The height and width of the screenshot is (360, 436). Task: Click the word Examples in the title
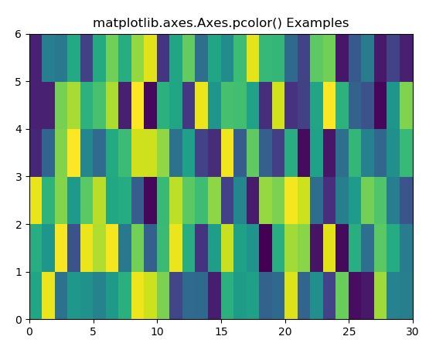pyautogui.click(x=317, y=23)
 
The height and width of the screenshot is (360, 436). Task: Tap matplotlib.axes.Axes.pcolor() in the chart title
pyautogui.click(x=187, y=23)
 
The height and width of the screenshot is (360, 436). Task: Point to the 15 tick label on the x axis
pyautogui.click(x=221, y=331)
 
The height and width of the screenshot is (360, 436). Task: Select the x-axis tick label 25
pyautogui.click(x=349, y=331)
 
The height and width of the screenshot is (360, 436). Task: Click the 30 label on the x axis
pyautogui.click(x=413, y=331)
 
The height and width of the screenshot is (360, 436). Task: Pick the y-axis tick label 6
pyautogui.click(x=19, y=35)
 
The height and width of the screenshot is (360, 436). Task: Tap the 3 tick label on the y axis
pyautogui.click(x=19, y=177)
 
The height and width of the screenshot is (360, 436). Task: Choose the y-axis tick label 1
pyautogui.click(x=19, y=272)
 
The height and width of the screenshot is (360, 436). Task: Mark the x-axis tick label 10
pyautogui.click(x=157, y=331)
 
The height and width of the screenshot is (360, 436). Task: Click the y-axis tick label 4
pyautogui.click(x=19, y=130)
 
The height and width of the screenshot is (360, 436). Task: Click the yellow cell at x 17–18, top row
pyautogui.click(x=253, y=58)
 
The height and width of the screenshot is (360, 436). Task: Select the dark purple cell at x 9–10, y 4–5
pyautogui.click(x=151, y=106)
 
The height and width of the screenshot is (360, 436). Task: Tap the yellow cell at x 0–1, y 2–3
pyautogui.click(x=36, y=201)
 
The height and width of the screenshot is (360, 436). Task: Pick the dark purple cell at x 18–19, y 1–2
pyautogui.click(x=266, y=248)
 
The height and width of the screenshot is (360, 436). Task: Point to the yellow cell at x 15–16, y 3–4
pyautogui.click(x=227, y=153)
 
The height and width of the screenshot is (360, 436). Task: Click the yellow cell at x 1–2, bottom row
pyautogui.click(x=49, y=296)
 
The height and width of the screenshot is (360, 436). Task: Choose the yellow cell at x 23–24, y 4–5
pyautogui.click(x=329, y=106)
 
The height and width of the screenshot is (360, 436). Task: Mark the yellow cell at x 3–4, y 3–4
pyautogui.click(x=74, y=153)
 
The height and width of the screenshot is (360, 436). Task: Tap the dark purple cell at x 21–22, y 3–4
pyautogui.click(x=304, y=153)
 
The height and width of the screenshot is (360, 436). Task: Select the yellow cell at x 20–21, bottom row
pyautogui.click(x=291, y=296)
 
